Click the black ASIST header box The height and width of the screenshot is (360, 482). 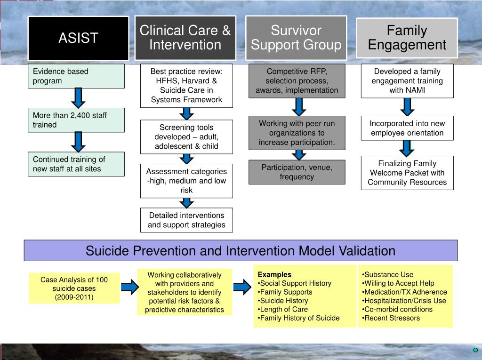pos(79,38)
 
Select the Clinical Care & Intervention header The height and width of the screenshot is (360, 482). pos(185,38)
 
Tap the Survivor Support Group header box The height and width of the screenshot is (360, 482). pos(296,38)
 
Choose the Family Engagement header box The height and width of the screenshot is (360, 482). pos(407,38)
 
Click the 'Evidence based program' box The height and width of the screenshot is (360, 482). pos(76,76)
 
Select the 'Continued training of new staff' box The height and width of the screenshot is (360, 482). pos(76,164)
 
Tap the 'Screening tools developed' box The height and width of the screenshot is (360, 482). pos(186,137)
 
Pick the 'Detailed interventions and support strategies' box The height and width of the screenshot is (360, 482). pos(186,220)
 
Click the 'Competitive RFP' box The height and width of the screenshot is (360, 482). pos(297,81)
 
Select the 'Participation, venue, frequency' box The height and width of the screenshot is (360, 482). pos(297,172)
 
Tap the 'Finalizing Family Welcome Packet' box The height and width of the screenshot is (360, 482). pos(407,173)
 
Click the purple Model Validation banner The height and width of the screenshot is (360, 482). pos(241,250)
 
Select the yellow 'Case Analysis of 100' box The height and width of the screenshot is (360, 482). pos(74,288)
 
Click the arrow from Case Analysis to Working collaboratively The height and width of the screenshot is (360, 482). pos(130,287)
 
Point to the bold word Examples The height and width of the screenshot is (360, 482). pos(274,274)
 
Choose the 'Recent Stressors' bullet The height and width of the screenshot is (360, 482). pos(391,318)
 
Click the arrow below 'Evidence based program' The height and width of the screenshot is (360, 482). pos(79,98)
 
